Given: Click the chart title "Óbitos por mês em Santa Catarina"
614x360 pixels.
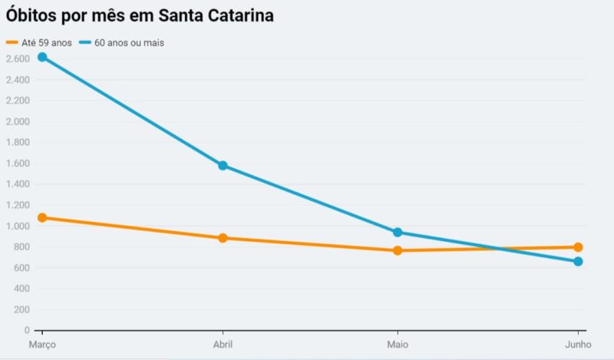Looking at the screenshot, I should [140, 15].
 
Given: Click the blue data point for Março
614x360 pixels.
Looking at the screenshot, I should [42, 57].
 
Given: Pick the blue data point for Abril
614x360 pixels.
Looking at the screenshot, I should [223, 165].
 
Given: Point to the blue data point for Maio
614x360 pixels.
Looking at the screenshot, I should [398, 232].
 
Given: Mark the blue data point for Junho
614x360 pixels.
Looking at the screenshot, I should [578, 262].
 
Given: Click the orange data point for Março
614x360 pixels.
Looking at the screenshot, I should [42, 218].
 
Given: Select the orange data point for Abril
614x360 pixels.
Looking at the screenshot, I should [223, 238].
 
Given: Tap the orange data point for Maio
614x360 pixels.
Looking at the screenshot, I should [398, 250].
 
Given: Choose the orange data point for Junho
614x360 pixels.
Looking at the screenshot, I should [578, 247].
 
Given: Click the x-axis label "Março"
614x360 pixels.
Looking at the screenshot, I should [42, 345].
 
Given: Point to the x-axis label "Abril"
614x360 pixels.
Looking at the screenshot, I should [223, 345].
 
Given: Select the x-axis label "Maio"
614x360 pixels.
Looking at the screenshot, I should [398, 345].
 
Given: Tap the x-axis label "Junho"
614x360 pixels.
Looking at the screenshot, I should [578, 345].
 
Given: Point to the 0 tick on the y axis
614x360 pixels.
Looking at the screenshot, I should [26, 331].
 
